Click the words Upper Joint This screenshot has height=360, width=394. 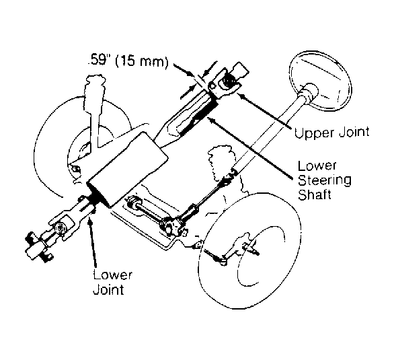(x=331, y=132)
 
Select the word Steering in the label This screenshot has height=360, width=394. (x=324, y=181)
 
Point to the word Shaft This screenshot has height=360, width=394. (x=315, y=194)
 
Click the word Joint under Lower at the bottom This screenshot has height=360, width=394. (x=108, y=289)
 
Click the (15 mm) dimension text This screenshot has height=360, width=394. (x=142, y=61)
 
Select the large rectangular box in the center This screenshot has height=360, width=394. (x=127, y=170)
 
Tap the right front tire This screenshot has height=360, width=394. (x=250, y=252)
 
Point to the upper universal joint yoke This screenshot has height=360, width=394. (x=224, y=84)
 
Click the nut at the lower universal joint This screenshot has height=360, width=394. (x=61, y=229)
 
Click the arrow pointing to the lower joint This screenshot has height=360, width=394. (x=92, y=242)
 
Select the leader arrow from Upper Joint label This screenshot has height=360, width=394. (x=265, y=112)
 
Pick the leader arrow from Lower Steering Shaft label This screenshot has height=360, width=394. (x=251, y=147)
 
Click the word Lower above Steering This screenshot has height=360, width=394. (x=317, y=166)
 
